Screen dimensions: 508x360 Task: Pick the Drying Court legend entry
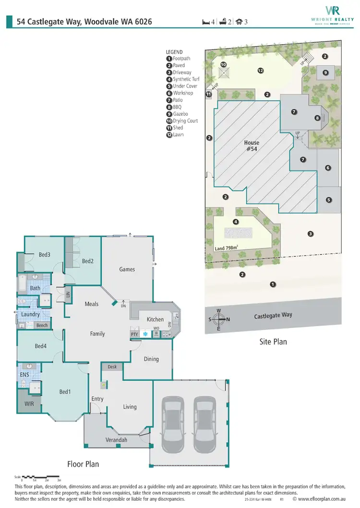(x=182, y=121)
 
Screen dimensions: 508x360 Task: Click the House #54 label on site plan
(x=252, y=145)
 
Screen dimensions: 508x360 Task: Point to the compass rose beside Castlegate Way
(x=219, y=319)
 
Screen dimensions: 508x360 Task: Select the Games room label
(x=127, y=269)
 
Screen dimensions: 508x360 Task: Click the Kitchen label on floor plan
(x=155, y=319)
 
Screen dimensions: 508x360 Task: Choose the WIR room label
(x=29, y=404)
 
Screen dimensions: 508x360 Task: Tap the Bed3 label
(x=45, y=255)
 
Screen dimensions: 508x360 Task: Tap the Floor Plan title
(x=83, y=464)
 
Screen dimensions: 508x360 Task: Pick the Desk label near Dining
(x=112, y=366)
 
